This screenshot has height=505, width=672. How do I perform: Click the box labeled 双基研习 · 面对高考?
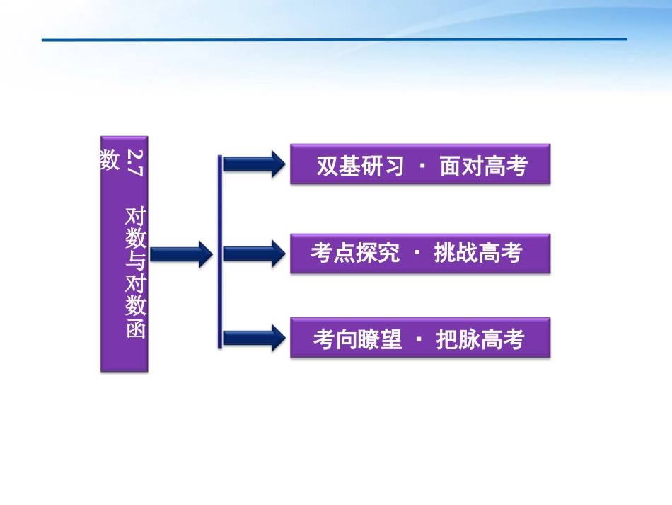tap(420, 164)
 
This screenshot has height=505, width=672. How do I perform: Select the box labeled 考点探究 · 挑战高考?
tap(420, 253)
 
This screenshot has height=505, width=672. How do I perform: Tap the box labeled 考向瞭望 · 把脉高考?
tap(420, 338)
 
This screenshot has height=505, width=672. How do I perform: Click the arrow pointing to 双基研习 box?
tap(253, 164)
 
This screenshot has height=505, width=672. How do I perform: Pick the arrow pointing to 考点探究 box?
tap(253, 253)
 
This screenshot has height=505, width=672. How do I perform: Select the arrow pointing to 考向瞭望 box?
tap(253, 338)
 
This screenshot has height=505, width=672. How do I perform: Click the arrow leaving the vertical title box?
tap(181, 253)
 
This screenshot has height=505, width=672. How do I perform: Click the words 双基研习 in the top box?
tap(360, 166)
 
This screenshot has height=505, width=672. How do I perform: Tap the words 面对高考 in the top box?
tap(484, 166)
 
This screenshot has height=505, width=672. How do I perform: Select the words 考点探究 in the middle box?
tap(355, 253)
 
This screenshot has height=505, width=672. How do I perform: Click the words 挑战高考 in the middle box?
tap(478, 253)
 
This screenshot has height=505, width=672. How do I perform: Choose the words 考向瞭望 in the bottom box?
tap(357, 339)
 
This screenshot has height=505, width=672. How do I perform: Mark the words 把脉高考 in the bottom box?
tap(480, 339)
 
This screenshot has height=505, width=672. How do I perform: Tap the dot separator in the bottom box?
tap(419, 339)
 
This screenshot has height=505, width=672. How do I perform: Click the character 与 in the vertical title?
tap(135, 261)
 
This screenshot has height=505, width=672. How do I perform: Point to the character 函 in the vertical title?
tap(135, 329)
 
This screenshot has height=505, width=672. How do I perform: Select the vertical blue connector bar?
tap(220, 251)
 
